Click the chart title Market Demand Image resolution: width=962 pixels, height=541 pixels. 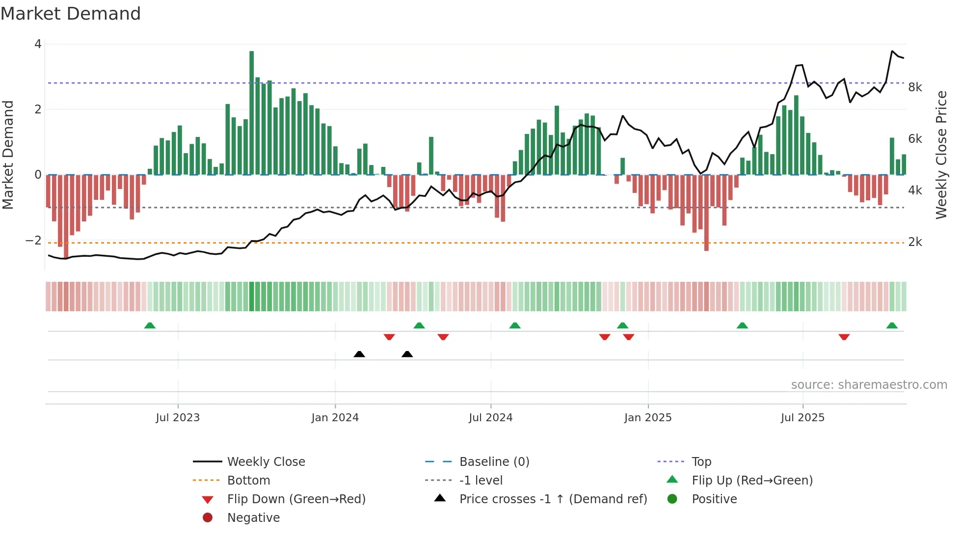pos(71,14)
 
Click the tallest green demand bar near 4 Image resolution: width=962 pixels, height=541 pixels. pos(252,113)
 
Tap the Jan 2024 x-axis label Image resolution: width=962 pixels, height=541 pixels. pos(335,418)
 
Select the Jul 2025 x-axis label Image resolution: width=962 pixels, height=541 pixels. pos(802,418)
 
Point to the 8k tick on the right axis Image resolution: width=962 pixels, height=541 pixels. pos(915,87)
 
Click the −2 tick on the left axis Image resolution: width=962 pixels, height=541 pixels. pos(33,241)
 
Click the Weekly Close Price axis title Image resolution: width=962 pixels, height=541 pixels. pos(941,155)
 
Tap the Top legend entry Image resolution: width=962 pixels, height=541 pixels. pos(701,462)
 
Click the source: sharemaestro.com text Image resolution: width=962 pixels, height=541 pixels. pos(869,385)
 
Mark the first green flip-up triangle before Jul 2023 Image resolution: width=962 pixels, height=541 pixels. pos(150,325)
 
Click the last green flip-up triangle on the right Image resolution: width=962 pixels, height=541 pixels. pos(892,325)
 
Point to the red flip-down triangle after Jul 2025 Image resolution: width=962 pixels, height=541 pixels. pos(844,337)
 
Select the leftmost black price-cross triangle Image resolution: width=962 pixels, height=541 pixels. pos(359,354)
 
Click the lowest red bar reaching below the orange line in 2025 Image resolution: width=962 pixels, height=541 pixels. pos(706,213)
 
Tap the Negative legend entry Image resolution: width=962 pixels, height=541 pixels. pos(253,518)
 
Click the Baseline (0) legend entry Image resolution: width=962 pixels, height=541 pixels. pos(494,462)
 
